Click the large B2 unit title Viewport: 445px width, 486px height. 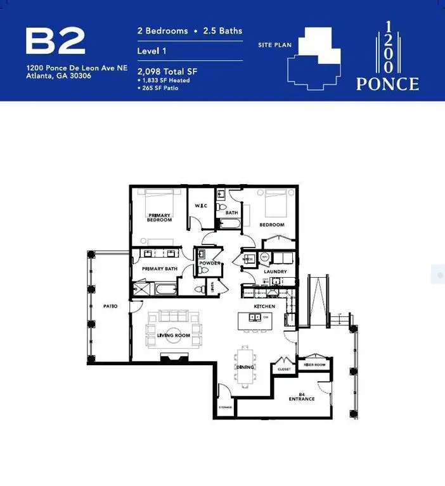[55, 41]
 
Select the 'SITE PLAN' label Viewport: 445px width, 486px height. [273, 45]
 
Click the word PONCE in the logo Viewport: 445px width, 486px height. [387, 84]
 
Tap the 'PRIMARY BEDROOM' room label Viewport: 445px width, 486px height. [160, 218]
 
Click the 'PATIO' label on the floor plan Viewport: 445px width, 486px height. [110, 306]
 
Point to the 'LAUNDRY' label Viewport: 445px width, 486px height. [275, 271]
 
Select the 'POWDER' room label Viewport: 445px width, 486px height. [209, 263]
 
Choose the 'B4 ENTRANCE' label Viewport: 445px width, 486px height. [301, 396]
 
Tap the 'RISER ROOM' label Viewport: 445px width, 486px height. [314, 365]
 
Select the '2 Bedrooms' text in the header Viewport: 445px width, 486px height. [162, 30]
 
